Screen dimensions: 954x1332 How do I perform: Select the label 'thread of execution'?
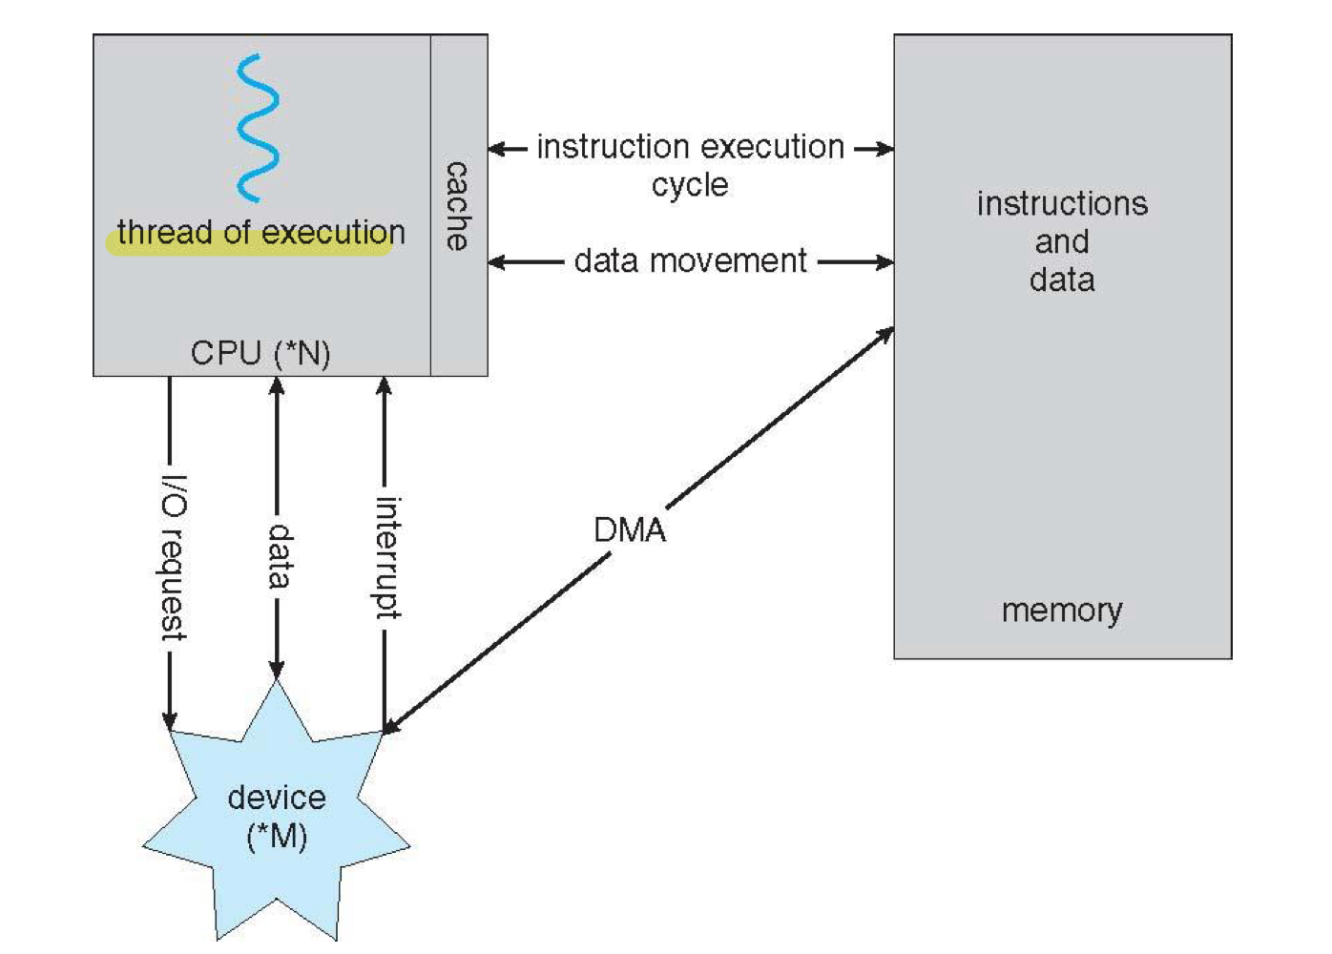260,233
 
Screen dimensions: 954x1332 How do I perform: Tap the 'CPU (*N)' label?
260,354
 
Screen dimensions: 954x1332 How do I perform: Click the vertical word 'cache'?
458,206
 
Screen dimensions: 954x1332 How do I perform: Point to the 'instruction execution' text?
690,147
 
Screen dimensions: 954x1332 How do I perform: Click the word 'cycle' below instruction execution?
690,185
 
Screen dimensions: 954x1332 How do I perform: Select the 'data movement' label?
690,261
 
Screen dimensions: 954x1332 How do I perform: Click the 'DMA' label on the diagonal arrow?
630,530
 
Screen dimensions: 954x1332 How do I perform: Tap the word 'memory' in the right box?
1062,610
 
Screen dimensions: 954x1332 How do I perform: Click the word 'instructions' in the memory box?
1062,204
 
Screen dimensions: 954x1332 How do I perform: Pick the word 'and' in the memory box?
1062,242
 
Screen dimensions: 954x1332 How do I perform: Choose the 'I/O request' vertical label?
172,557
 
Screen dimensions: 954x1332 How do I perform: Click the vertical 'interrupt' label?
385,557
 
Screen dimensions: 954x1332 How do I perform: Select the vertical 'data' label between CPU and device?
279,555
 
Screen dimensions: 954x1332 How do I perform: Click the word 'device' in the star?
277,798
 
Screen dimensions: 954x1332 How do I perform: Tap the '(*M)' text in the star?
277,837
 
